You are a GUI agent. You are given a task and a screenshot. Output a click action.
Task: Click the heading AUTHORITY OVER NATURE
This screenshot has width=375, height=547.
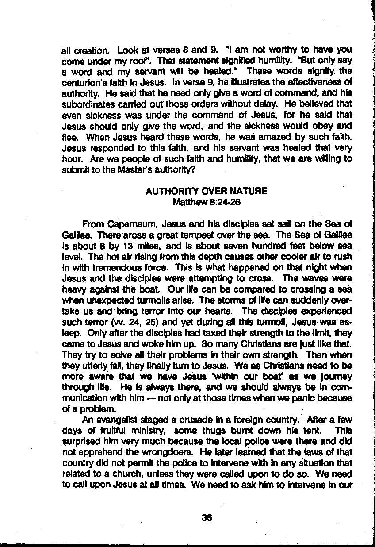click(x=206, y=191)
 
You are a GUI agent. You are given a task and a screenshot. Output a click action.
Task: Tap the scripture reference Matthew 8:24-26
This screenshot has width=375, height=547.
click(x=206, y=202)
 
